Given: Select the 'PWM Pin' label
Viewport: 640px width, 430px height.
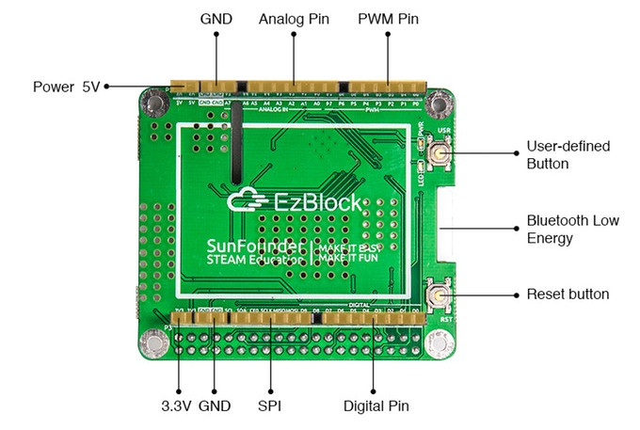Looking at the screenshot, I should [x=388, y=19].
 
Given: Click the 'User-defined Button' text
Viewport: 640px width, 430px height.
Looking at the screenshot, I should [x=568, y=154].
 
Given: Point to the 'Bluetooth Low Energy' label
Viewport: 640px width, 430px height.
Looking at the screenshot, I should [x=571, y=229].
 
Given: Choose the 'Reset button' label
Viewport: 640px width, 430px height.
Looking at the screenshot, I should [x=568, y=295].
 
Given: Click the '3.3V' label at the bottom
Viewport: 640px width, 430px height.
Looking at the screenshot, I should [x=176, y=406].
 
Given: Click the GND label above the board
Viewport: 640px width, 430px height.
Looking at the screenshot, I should [x=216, y=19].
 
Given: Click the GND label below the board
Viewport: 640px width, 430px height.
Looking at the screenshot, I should [x=215, y=406].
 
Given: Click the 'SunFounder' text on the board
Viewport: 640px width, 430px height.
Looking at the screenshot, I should [x=256, y=248].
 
